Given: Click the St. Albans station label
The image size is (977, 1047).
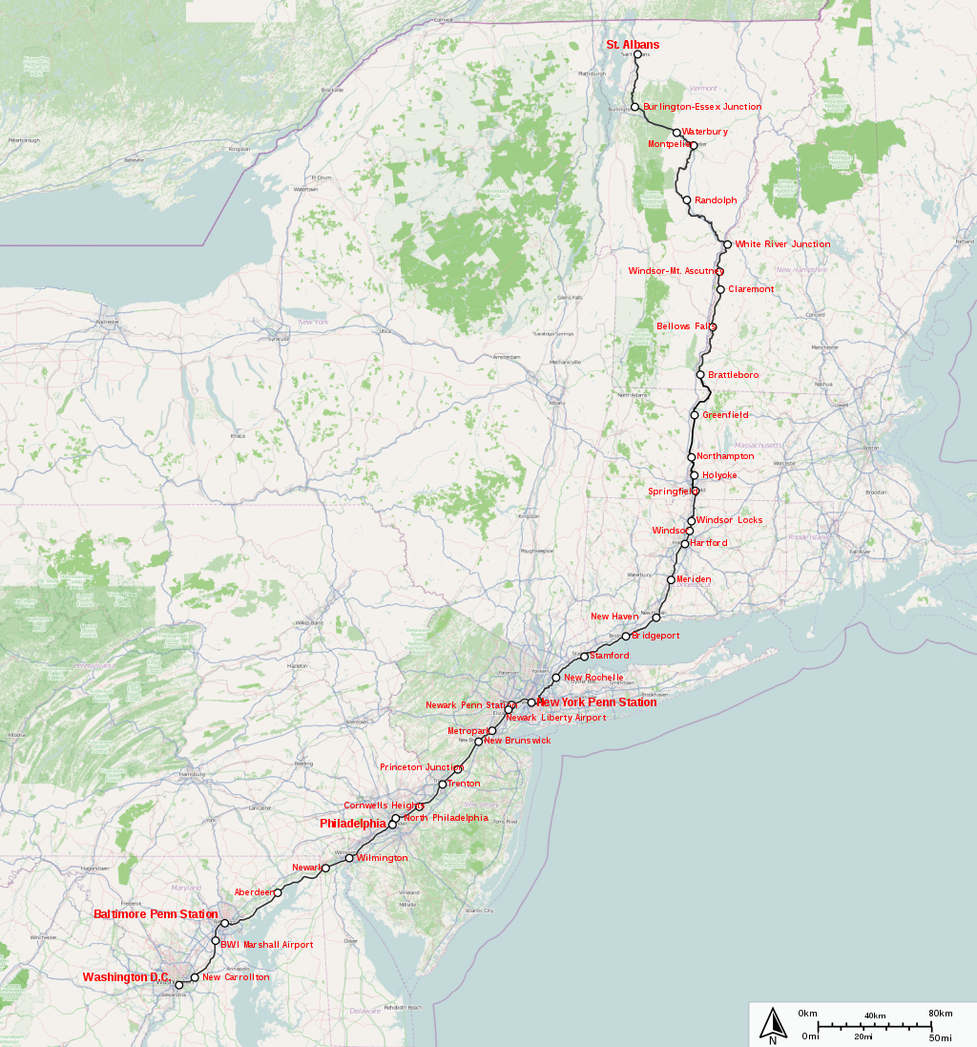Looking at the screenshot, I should pos(633,45).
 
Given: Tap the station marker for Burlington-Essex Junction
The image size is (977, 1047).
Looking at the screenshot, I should pos(634,107).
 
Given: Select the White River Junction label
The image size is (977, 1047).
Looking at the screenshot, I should pos(782,244).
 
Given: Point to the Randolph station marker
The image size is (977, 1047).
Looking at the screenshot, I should pos(687,200).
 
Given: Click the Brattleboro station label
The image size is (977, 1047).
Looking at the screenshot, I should pos(733,375).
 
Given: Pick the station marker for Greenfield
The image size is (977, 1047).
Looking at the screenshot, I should pos(695,415).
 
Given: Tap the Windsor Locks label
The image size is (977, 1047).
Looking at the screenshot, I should pos(729,520).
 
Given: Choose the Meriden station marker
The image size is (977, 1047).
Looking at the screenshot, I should pos(671,579).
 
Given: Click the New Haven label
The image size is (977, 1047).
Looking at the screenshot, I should pos(614,617).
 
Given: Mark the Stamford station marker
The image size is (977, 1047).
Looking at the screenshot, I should pos(584,657).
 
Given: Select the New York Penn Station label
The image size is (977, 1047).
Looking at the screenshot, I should pos(596,702).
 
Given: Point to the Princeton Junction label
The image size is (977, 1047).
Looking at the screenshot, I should pos(421,767).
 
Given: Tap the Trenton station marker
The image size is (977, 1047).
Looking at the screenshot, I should pos(443,785).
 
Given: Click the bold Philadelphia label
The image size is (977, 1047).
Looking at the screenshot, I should pos(353,823).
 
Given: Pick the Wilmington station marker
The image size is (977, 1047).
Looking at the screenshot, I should pos(349,858).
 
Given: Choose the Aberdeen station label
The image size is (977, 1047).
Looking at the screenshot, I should pos(254,892).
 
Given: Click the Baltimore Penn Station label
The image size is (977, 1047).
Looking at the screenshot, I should pos(156,914).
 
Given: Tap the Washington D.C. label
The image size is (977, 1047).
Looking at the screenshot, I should pos(126,977).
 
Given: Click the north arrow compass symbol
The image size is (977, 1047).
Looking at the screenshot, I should pos(773,1024).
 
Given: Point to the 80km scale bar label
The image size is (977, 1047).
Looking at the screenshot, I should pos(940,1014).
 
